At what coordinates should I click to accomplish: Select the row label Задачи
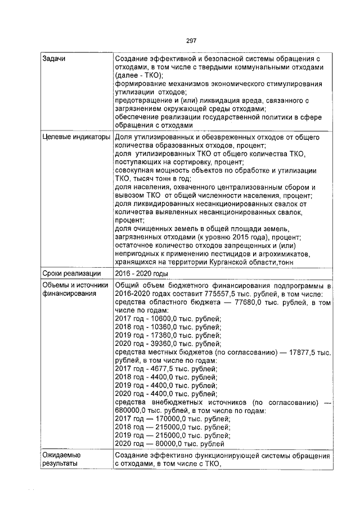tap(55, 59)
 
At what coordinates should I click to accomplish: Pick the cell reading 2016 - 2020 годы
tap(141, 274)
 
